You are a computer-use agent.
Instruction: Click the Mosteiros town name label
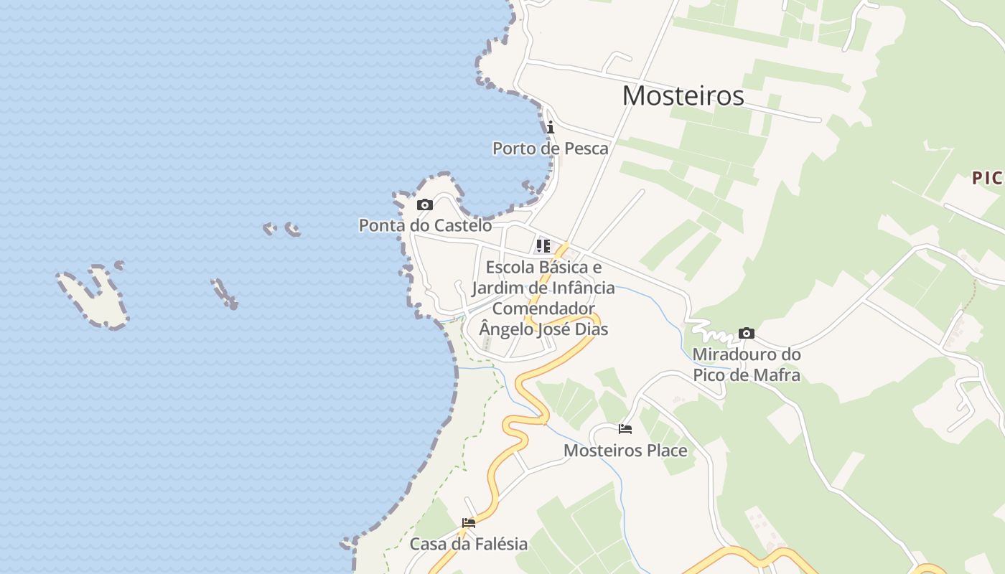click(x=683, y=95)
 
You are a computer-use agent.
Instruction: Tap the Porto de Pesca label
click(x=550, y=149)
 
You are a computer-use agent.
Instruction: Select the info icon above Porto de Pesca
click(x=550, y=128)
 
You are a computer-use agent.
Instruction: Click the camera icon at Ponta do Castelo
click(x=425, y=205)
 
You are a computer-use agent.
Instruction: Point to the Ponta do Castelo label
click(x=425, y=225)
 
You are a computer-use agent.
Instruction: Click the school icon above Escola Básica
click(x=543, y=246)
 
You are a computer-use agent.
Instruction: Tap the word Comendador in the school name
click(x=543, y=309)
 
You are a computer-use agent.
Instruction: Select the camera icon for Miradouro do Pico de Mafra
click(x=747, y=334)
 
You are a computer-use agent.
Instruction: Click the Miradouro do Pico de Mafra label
click(x=746, y=364)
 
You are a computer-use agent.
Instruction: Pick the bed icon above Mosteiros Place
click(x=625, y=430)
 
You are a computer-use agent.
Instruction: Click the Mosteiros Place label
click(x=625, y=451)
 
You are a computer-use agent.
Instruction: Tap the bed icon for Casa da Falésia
click(x=469, y=523)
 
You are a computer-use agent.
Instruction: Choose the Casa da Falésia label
click(x=469, y=544)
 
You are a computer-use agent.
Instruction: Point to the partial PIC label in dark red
click(x=987, y=178)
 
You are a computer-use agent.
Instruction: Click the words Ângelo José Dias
click(x=543, y=329)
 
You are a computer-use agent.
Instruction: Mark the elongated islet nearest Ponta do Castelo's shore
click(x=224, y=293)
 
